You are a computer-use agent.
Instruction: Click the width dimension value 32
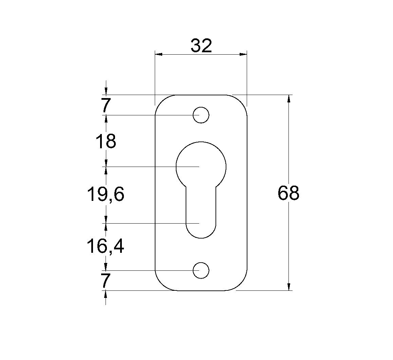pyautogui.click(x=201, y=46)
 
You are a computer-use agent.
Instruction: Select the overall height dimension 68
pyautogui.click(x=288, y=193)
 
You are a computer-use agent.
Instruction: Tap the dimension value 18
pyautogui.click(x=106, y=141)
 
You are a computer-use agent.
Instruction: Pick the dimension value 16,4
pyautogui.click(x=106, y=247)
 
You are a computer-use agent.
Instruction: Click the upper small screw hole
pyautogui.click(x=201, y=115)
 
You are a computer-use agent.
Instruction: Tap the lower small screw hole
pyautogui.click(x=201, y=270)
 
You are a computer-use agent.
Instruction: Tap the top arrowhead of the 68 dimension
pyautogui.click(x=289, y=98)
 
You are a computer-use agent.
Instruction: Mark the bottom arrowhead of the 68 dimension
pyautogui.click(x=289, y=287)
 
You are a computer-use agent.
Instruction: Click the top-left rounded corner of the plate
pyautogui.click(x=162, y=101)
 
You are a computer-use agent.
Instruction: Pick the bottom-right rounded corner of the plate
pyautogui.click(x=241, y=284)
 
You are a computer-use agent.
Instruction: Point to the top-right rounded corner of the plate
pyautogui.click(x=241, y=101)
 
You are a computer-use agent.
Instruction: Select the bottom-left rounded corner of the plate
pyautogui.click(x=162, y=284)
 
